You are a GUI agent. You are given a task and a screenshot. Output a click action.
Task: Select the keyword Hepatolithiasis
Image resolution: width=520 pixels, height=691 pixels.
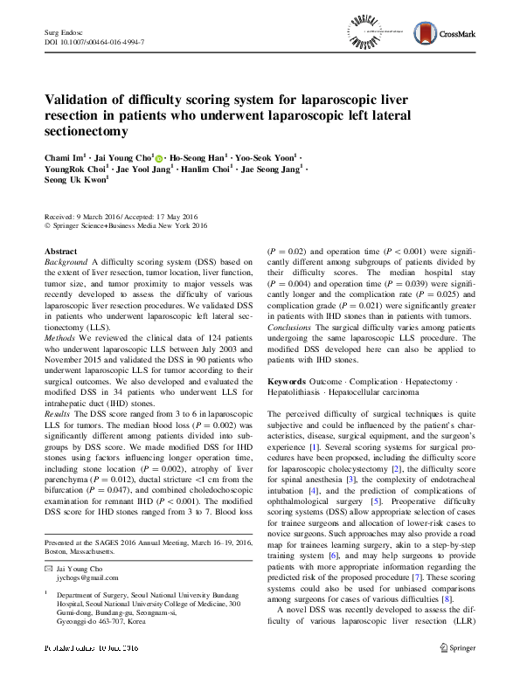click(298, 393)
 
